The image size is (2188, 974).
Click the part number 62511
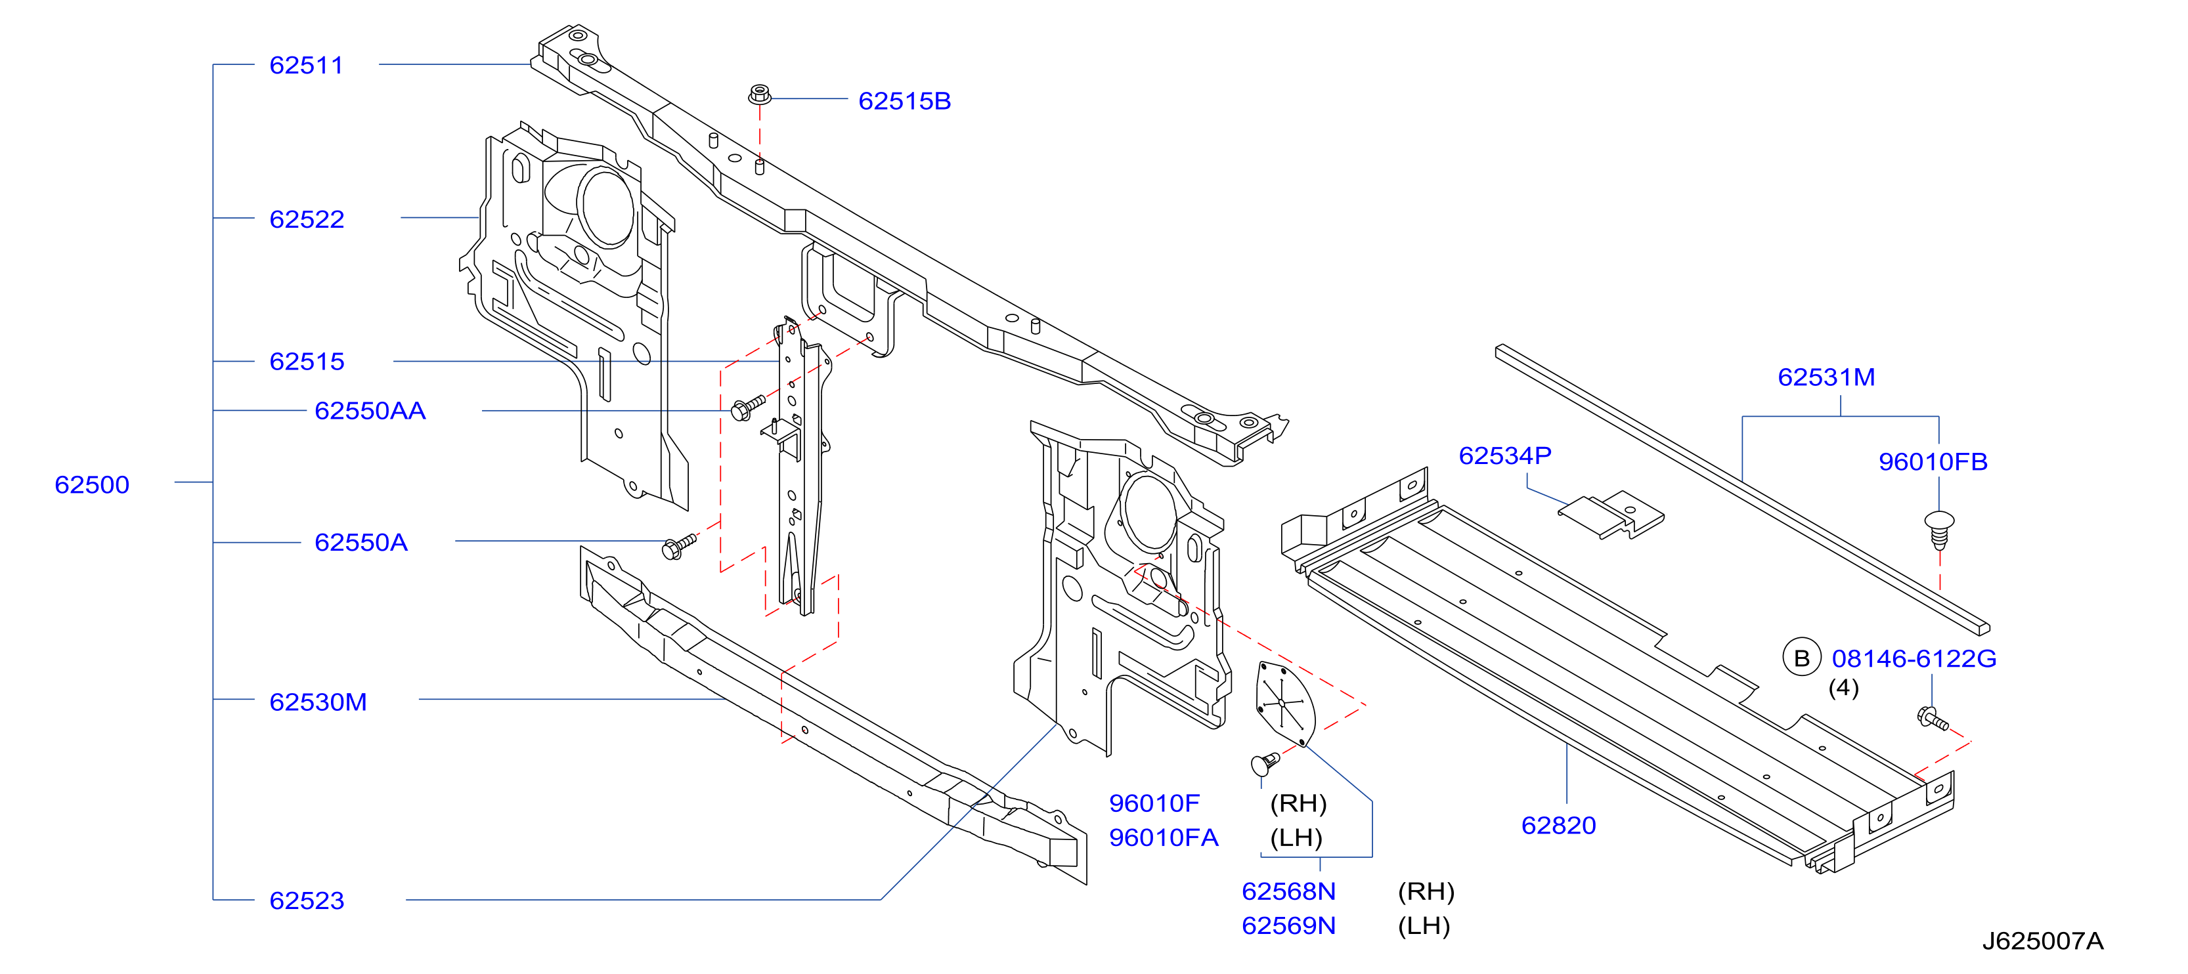(306, 66)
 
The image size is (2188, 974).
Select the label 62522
(307, 219)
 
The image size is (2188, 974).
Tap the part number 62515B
(905, 101)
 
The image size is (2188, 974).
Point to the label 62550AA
(370, 411)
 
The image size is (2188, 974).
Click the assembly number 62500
(92, 485)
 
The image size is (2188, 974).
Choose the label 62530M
(318, 702)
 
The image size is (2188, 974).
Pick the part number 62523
(307, 901)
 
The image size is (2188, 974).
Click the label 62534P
(1505, 456)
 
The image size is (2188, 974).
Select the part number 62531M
(1826, 377)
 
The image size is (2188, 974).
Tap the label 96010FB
(1933, 462)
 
